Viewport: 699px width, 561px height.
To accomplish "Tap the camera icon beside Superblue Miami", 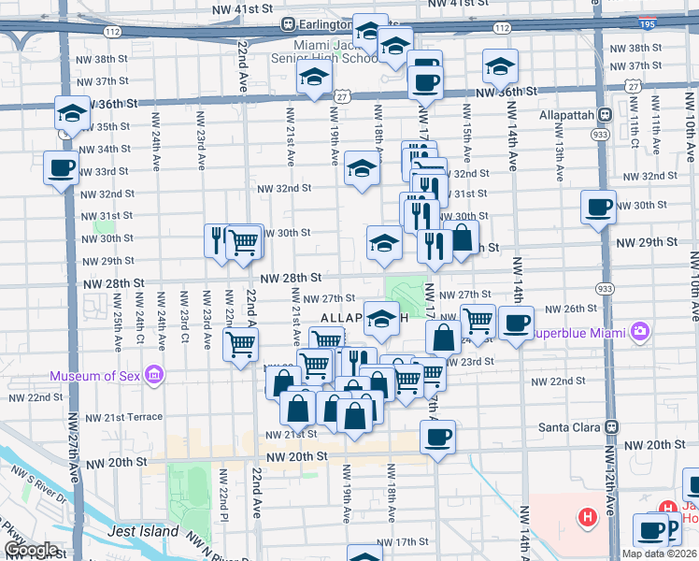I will tap(639, 331).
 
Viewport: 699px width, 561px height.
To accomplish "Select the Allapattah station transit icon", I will tap(604, 115).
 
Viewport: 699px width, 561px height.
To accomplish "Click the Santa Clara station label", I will tap(570, 425).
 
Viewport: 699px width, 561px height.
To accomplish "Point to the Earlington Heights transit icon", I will tap(290, 24).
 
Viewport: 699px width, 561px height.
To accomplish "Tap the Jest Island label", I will tap(143, 531).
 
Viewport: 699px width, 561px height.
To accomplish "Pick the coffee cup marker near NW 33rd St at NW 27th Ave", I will tap(61, 168).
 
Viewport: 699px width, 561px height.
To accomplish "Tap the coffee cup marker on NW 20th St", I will tap(436, 436).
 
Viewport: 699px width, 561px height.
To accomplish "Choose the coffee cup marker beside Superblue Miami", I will tap(515, 323).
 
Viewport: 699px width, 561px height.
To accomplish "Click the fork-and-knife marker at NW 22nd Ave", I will tap(217, 239).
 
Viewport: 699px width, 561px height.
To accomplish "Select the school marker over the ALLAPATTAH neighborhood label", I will tap(381, 319).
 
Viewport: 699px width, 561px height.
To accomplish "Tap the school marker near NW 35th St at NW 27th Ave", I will tap(71, 113).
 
